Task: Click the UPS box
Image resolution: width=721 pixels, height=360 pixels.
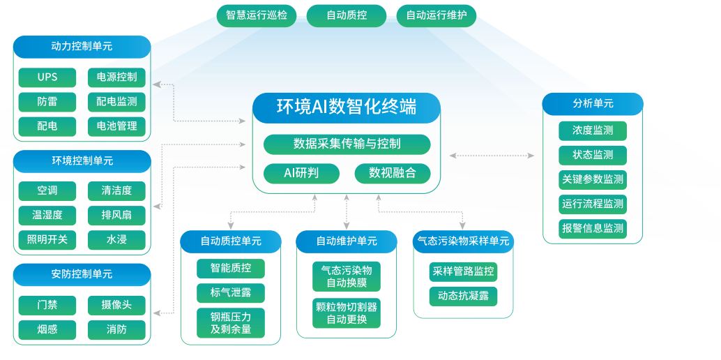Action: click(47, 77)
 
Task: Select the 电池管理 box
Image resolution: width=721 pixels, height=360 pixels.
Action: click(116, 126)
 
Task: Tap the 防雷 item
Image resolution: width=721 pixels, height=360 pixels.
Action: click(47, 102)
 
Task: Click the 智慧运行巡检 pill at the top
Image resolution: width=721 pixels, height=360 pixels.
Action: click(257, 15)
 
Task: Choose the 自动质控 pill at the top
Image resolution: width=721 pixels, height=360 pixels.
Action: click(346, 15)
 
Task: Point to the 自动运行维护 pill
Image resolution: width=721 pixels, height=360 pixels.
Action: click(437, 15)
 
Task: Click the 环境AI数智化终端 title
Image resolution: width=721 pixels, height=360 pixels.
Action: click(347, 107)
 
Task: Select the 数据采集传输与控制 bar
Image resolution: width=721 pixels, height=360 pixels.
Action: click(347, 144)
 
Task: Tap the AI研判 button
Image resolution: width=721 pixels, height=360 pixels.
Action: click(301, 173)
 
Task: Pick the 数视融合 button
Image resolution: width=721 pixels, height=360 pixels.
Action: click(393, 173)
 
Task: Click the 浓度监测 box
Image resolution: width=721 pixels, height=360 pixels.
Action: click(592, 130)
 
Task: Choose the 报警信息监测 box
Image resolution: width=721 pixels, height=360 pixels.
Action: click(592, 228)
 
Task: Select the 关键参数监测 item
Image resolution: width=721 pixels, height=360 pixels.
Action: click(592, 179)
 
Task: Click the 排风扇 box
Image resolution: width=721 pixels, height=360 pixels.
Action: click(116, 215)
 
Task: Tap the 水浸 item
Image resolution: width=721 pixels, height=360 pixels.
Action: click(116, 240)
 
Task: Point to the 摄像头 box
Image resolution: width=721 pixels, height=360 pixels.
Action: click(116, 305)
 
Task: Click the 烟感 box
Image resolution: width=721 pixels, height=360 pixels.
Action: click(47, 329)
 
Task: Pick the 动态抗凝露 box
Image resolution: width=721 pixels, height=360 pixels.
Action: click(463, 296)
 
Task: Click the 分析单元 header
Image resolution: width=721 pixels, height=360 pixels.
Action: click(593, 103)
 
